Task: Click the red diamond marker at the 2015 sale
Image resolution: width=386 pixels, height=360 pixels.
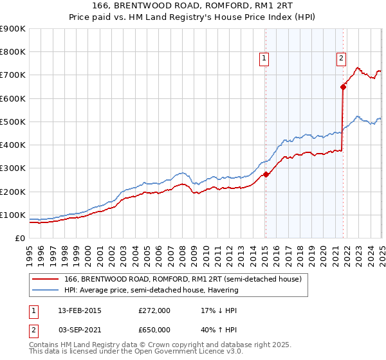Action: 266,174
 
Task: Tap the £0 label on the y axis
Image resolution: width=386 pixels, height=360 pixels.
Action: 19,238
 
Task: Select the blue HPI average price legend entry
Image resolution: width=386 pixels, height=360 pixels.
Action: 151,290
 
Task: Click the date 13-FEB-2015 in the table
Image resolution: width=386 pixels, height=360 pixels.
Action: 79,310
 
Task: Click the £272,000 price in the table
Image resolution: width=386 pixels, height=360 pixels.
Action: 154,310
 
